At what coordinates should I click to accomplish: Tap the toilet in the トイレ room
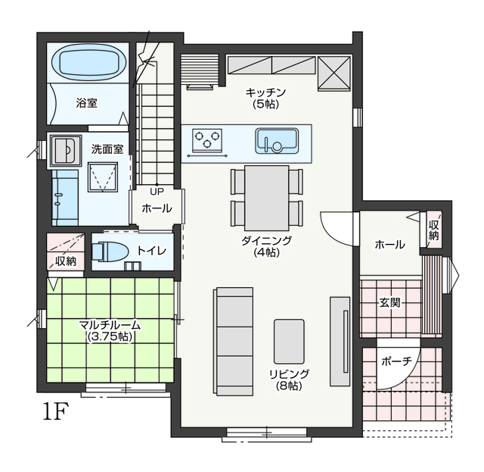click(110, 252)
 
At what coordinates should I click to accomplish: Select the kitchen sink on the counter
click(277, 141)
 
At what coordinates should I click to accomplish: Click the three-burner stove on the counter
click(207, 140)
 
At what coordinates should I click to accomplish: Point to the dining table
click(267, 198)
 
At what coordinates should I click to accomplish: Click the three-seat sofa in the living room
click(234, 342)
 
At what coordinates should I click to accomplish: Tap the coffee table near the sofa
click(289, 342)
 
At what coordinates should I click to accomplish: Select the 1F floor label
click(55, 411)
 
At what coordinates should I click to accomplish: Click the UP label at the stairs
click(157, 192)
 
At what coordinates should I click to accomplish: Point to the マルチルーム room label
click(110, 325)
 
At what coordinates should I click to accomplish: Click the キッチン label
click(265, 92)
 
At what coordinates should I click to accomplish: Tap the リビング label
click(289, 374)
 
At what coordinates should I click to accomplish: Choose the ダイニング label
click(266, 241)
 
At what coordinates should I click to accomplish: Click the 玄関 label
click(390, 303)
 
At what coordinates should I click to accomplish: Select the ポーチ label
click(396, 361)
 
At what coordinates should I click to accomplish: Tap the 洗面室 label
click(107, 149)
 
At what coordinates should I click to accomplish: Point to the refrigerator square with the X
click(334, 73)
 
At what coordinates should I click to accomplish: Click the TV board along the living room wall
click(340, 342)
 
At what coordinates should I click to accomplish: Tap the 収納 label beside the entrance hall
click(433, 230)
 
